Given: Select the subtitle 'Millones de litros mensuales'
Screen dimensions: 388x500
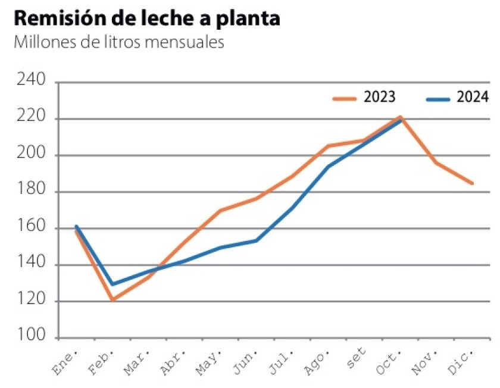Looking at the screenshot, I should [118, 43].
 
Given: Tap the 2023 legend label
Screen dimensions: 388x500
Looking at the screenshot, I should [380, 97].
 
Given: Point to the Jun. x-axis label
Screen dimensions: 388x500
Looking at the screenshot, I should [245, 362].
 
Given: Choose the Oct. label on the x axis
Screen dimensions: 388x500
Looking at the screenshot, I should [389, 362].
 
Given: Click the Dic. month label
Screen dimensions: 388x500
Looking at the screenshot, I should [462, 362].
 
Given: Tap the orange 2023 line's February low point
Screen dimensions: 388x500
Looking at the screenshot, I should [112, 300].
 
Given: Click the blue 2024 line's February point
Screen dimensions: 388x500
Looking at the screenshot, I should [112, 284].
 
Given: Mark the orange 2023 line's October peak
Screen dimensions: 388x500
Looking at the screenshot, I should [401, 117].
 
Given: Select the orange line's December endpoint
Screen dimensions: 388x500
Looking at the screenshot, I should [473, 183].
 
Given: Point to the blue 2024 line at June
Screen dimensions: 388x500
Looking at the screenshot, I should [256, 240].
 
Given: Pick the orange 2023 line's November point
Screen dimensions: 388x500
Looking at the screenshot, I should [436, 162].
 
